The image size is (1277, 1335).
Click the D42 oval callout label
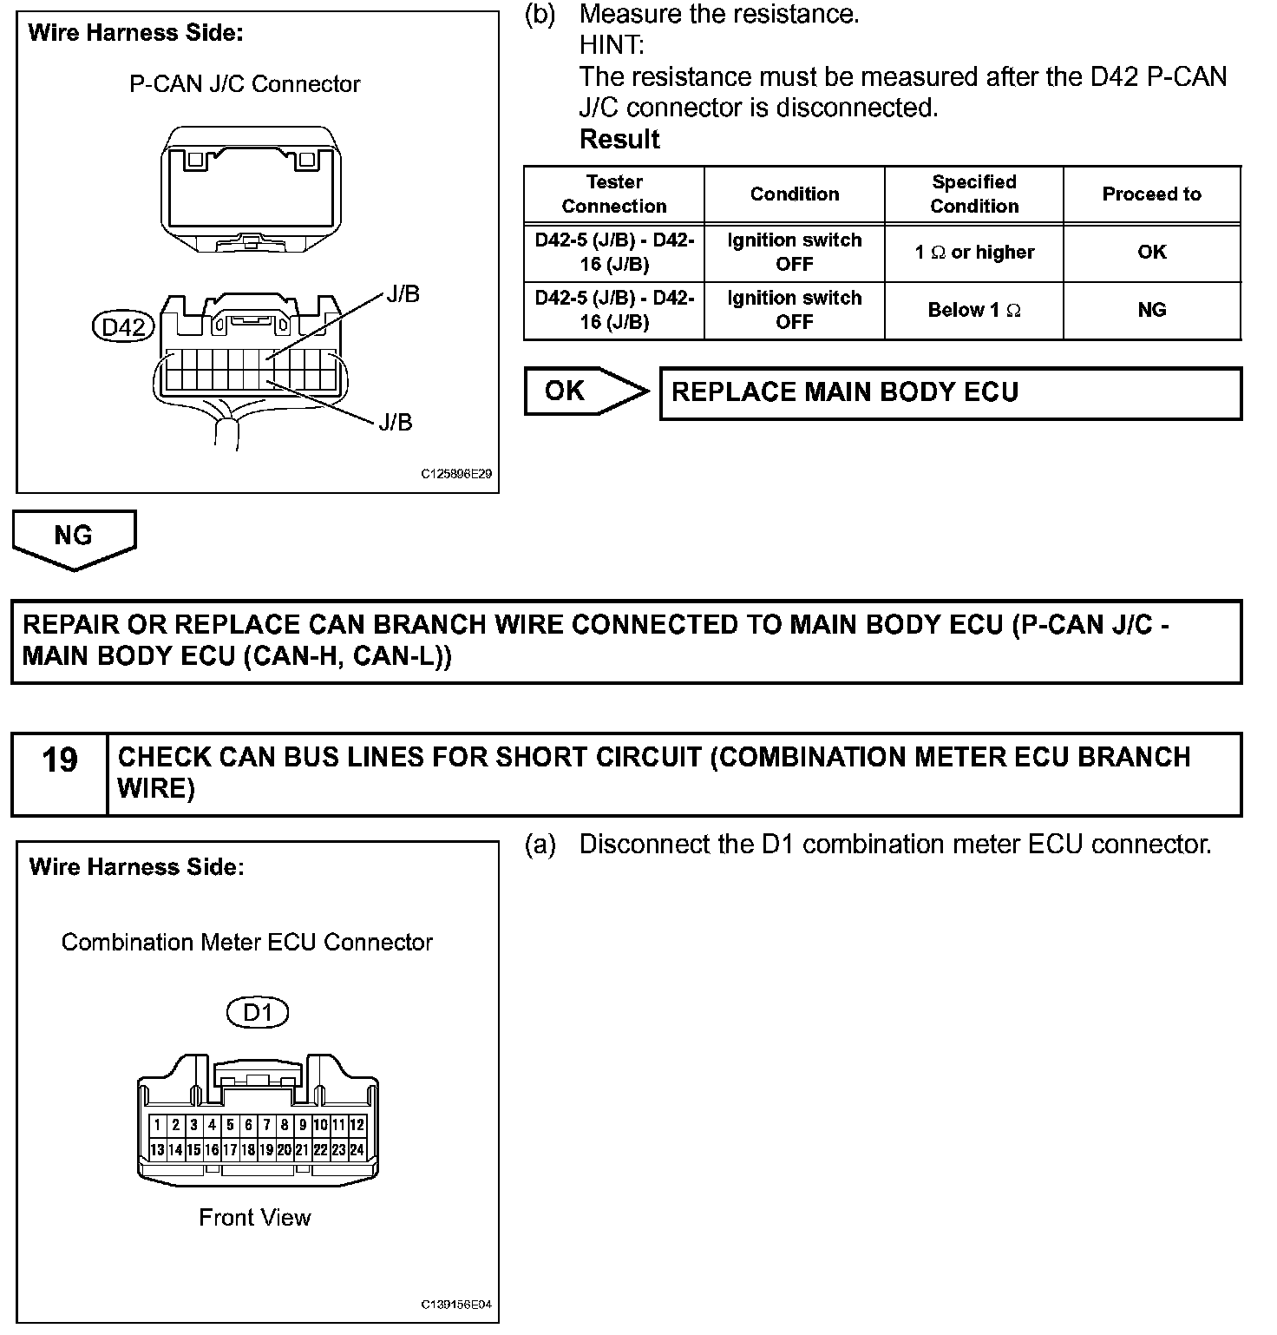[x=123, y=327]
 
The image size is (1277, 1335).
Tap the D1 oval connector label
[x=257, y=1012]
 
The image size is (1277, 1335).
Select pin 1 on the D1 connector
[x=157, y=1125]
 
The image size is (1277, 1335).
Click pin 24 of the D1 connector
[x=357, y=1150]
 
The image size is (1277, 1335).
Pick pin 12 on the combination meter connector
[x=357, y=1125]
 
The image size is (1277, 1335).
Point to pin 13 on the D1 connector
[x=157, y=1150]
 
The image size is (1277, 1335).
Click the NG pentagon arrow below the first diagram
[x=74, y=538]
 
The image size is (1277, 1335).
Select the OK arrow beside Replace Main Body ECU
[x=585, y=391]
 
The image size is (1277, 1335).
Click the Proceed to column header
[x=1151, y=194]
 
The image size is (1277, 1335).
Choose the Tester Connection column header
[x=614, y=194]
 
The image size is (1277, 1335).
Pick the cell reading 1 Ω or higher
[x=974, y=253]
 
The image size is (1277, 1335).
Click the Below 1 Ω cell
[x=974, y=310]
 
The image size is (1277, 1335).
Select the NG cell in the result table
[x=1151, y=310]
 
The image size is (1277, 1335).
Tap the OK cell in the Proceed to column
[x=1151, y=253]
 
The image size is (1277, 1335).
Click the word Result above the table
[x=619, y=139]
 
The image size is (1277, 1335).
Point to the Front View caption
[x=254, y=1218]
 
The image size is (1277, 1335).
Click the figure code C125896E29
[x=456, y=475]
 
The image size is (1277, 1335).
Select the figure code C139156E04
[x=456, y=1305]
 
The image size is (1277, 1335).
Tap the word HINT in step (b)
[x=612, y=45]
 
